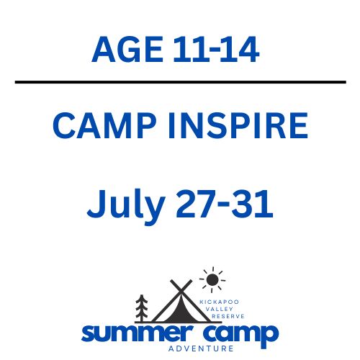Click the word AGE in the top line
[x=130, y=50]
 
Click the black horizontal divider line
[x=180, y=82]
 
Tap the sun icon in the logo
[x=211, y=279]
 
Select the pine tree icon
[x=142, y=308]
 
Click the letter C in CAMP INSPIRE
[x=66, y=127]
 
